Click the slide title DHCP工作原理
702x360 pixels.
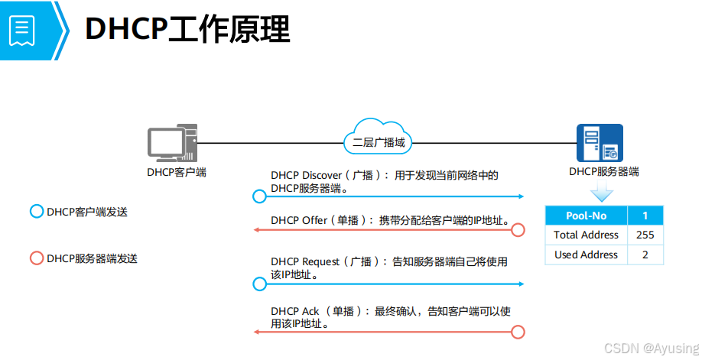pyautogui.click(x=187, y=30)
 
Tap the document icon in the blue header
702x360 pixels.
pyautogui.click(x=21, y=30)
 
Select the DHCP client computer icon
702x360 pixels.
pyautogui.click(x=172, y=144)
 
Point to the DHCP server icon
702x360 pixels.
pyautogui.click(x=600, y=143)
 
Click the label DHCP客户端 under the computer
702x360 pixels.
pyautogui.click(x=177, y=172)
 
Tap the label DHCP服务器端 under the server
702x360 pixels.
pyautogui.click(x=604, y=172)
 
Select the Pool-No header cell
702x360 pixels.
pyautogui.click(x=587, y=216)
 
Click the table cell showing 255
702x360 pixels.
pyautogui.click(x=645, y=235)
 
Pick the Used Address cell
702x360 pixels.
pyautogui.click(x=587, y=255)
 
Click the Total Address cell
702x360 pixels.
pyautogui.click(x=587, y=235)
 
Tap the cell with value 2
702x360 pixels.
pyautogui.click(x=645, y=255)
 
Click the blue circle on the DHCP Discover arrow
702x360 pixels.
pyautogui.click(x=259, y=196)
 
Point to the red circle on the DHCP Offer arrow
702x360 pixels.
pyautogui.click(x=518, y=229)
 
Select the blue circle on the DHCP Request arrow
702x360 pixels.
pyautogui.click(x=259, y=284)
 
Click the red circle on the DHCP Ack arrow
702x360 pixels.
pyautogui.click(x=518, y=331)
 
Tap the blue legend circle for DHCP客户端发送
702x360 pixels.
pyautogui.click(x=36, y=212)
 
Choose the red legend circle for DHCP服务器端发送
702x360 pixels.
pyautogui.click(x=36, y=258)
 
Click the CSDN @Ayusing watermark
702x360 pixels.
pyautogui.click(x=651, y=349)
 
